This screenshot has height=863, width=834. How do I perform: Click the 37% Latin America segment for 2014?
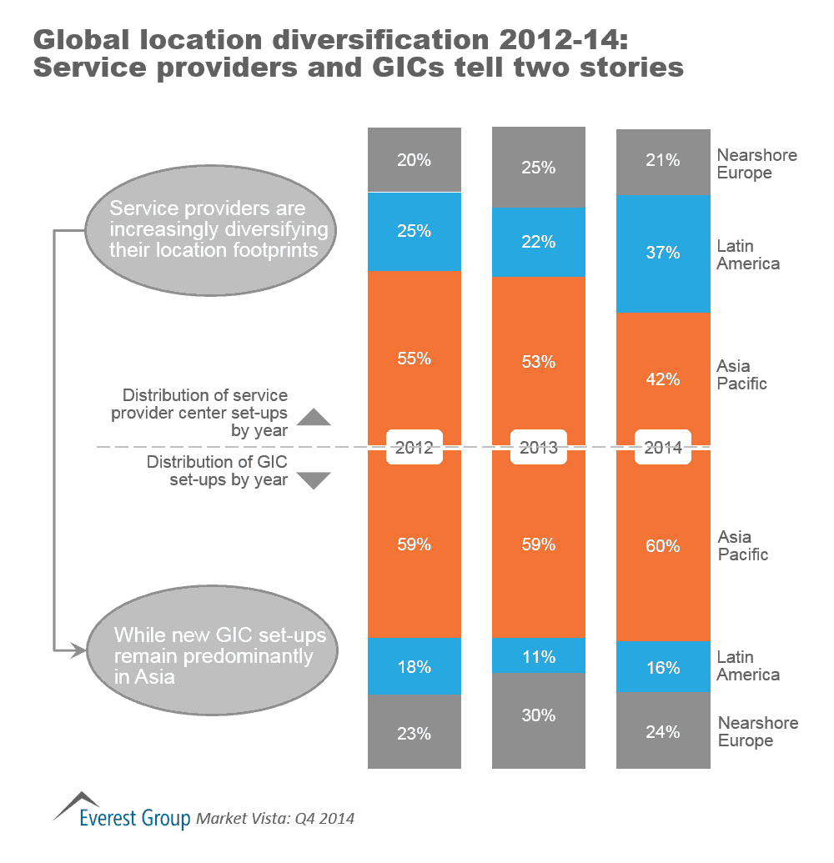click(x=663, y=253)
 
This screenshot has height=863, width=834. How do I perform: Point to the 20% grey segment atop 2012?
click(x=414, y=160)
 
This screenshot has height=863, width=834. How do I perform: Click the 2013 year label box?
click(x=539, y=448)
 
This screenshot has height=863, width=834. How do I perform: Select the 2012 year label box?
click(x=414, y=448)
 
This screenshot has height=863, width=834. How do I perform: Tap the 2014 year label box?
click(x=663, y=448)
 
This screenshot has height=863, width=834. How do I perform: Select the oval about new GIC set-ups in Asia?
click(x=214, y=655)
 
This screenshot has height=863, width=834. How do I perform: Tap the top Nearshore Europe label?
click(x=756, y=164)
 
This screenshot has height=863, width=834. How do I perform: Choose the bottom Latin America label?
click(x=748, y=666)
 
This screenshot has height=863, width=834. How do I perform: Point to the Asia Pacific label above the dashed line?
click(x=741, y=374)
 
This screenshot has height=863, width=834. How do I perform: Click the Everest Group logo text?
click(x=133, y=818)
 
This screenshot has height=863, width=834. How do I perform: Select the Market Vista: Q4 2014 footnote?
click(x=275, y=819)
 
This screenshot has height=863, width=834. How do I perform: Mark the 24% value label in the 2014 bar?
click(x=663, y=732)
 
